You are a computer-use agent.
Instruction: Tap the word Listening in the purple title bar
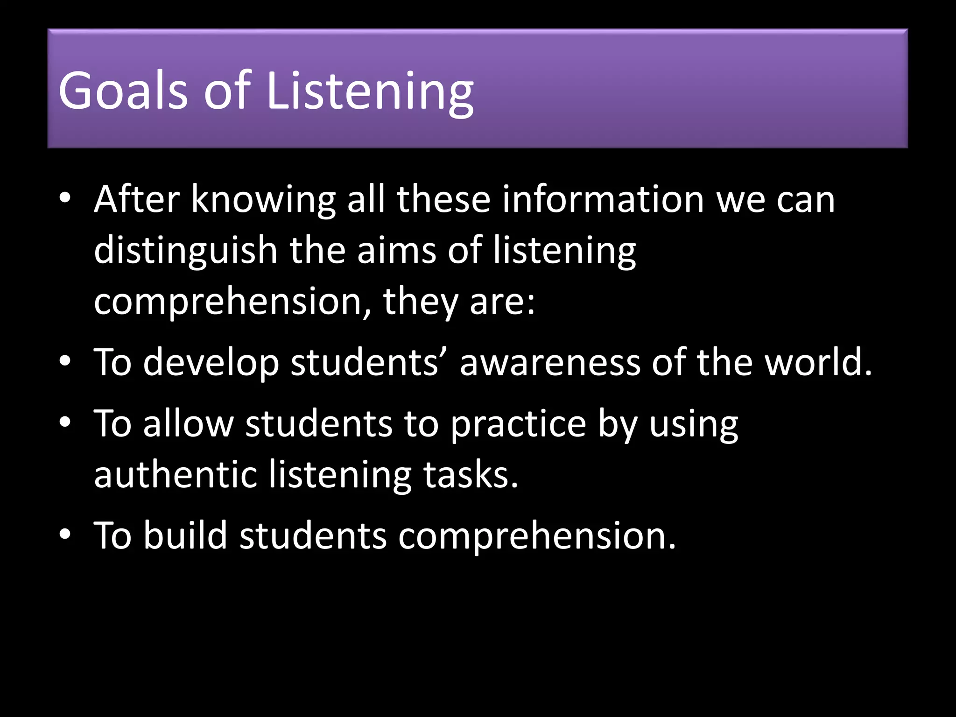tap(370, 91)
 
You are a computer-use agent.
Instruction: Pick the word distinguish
tap(186, 251)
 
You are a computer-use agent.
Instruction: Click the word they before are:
tap(421, 302)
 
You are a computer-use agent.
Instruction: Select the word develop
tap(211, 364)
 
